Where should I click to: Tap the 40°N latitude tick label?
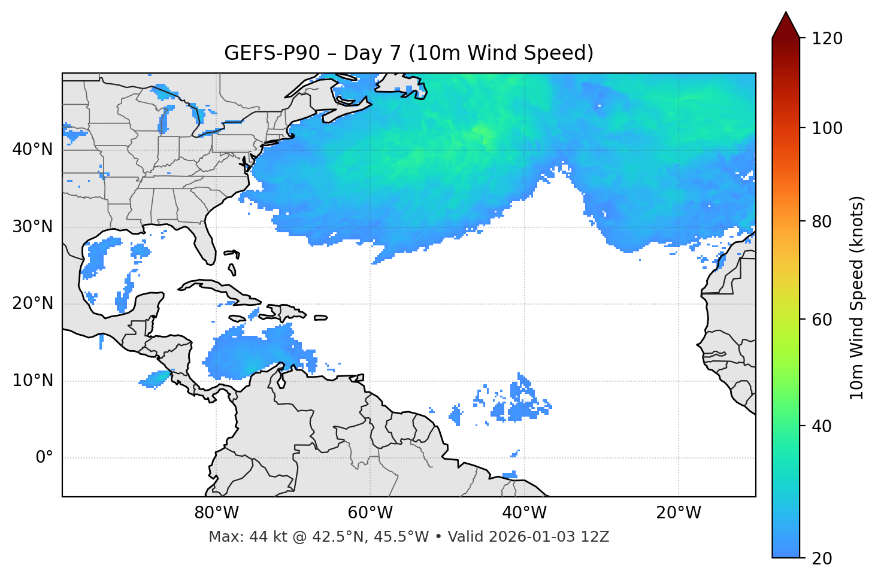pyautogui.click(x=32, y=150)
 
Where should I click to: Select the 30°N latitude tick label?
pyautogui.click(x=32, y=227)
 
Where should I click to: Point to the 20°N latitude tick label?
pyautogui.click(x=32, y=303)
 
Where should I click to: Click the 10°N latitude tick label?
pyautogui.click(x=32, y=381)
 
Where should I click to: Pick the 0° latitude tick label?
pyautogui.click(x=44, y=458)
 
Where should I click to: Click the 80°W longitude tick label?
pyautogui.click(x=216, y=513)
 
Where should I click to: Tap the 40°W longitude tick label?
pyautogui.click(x=524, y=513)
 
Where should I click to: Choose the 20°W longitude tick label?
pyautogui.click(x=678, y=513)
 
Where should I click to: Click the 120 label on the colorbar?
pyautogui.click(x=827, y=39)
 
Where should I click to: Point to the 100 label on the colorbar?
pyautogui.click(x=827, y=128)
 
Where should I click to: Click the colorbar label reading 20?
pyautogui.click(x=822, y=558)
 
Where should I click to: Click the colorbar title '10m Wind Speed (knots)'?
pyautogui.click(x=857, y=297)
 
